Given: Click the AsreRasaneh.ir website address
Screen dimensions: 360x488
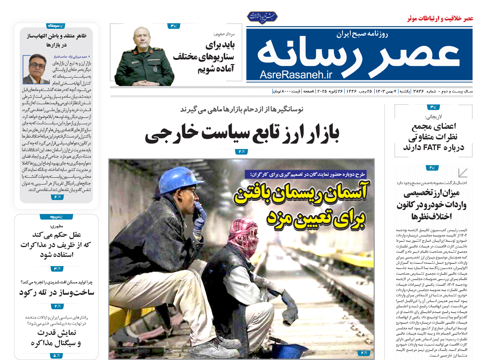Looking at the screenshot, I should pyautogui.click(x=296, y=75).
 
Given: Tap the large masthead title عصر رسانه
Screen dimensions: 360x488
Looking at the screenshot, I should pyautogui.click(x=358, y=53).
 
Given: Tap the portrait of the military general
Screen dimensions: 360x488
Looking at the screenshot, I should pyautogui.click(x=144, y=57).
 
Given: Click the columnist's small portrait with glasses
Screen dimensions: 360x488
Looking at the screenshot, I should pyautogui.click(x=36, y=69).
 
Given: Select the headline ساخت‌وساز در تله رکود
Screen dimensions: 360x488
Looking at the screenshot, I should pyautogui.click(x=56, y=293).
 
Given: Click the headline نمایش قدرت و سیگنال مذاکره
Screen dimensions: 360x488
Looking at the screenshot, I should pyautogui.click(x=56, y=338).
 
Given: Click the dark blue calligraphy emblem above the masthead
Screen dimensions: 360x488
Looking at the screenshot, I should pyautogui.click(x=262, y=17).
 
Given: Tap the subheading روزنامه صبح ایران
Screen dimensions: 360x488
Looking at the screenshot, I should pyautogui.click(x=362, y=34).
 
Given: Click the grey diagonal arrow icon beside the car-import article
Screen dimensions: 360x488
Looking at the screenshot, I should pyautogui.click(x=463, y=173).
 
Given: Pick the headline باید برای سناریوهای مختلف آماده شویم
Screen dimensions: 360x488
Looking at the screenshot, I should pyautogui.click(x=204, y=57).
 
